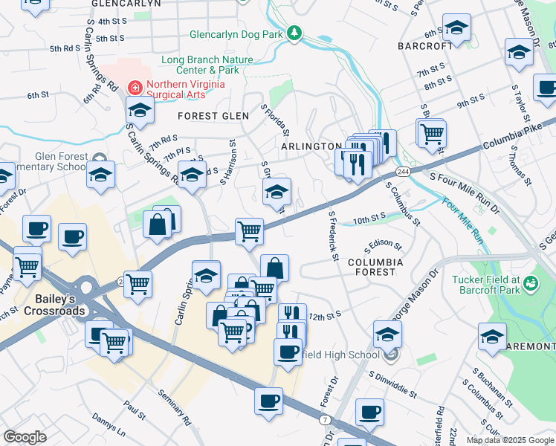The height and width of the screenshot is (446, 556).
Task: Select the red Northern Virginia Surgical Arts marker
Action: click(135, 87)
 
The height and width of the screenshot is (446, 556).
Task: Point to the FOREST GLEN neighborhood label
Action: click(213, 116)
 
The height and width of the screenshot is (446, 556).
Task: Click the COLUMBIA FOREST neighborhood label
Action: click(375, 267)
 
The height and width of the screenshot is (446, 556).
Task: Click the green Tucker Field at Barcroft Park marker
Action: click(530, 283)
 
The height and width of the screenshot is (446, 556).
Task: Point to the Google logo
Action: click(25, 437)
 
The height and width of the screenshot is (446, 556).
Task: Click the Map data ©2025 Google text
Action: click(509, 440)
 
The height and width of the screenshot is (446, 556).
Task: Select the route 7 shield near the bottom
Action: click(325, 420)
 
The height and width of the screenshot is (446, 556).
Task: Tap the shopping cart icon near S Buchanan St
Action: click(432, 134)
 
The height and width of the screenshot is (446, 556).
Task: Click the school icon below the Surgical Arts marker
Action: click(139, 111)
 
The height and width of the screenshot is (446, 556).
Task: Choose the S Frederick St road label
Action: click(334, 236)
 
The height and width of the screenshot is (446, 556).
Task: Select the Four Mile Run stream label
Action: click(462, 221)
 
